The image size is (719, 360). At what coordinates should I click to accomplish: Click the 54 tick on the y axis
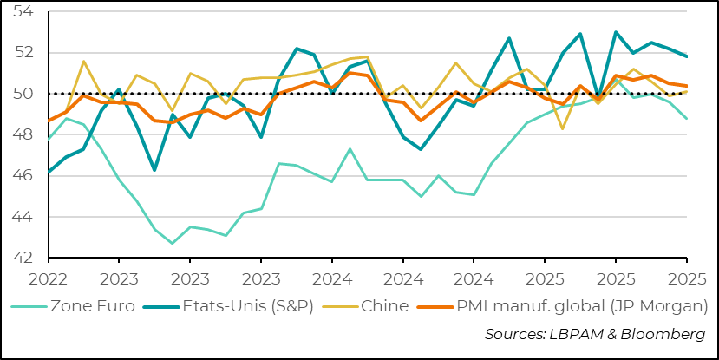click(23, 11)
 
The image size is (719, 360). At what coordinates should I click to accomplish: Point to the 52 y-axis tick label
click(23, 53)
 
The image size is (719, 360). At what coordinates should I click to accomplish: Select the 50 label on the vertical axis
click(23, 94)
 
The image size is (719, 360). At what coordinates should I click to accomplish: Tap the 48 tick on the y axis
click(23, 134)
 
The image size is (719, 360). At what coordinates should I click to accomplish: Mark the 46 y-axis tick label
click(23, 176)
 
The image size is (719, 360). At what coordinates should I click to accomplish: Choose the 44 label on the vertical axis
click(23, 217)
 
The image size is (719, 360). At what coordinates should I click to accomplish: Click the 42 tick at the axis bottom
click(23, 258)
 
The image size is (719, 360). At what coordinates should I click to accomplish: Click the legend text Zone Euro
click(89, 305)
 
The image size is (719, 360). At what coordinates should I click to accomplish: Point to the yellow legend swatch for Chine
click(337, 305)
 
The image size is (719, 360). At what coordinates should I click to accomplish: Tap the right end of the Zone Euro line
click(687, 119)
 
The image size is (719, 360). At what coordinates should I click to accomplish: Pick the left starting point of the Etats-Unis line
click(49, 172)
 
